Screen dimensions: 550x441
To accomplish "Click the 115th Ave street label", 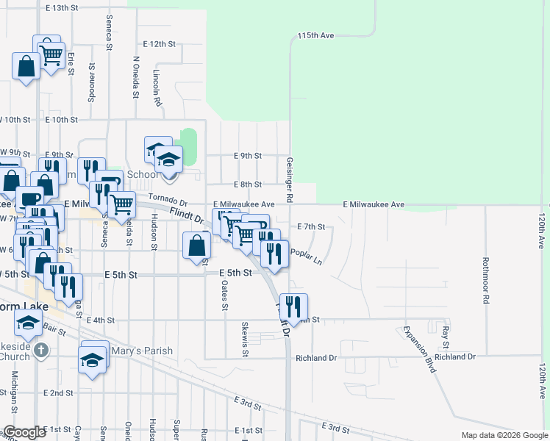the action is click(x=316, y=35).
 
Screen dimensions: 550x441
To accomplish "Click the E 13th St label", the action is click(x=61, y=8).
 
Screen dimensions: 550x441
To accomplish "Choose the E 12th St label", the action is click(x=160, y=44).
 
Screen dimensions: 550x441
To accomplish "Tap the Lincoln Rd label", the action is click(x=157, y=86).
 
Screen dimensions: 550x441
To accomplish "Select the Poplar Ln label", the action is click(x=306, y=256).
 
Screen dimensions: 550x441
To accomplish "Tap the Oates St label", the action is click(x=224, y=297).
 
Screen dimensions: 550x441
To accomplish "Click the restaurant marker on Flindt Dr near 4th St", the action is click(x=293, y=306).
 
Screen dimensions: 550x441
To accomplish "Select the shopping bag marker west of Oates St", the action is click(x=197, y=245).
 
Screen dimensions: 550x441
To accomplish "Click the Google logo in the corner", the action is click(x=24, y=432).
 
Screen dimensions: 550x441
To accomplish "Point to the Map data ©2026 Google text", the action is click(x=504, y=435).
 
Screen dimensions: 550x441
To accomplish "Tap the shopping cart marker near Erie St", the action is click(x=51, y=54).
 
